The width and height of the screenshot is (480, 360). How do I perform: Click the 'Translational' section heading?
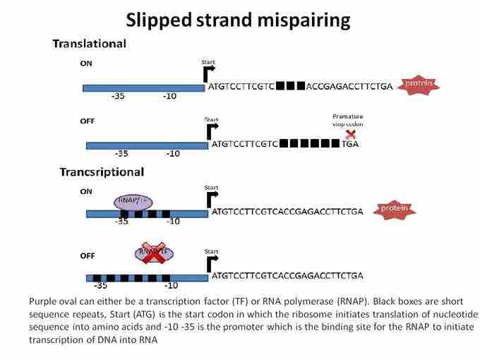point(89,44)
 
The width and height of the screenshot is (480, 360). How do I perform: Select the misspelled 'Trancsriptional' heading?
point(98,172)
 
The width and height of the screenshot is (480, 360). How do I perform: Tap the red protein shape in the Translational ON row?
point(419,85)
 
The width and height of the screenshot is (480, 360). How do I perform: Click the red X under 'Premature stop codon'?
point(349,135)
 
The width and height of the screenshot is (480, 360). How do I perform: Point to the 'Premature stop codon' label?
point(347,120)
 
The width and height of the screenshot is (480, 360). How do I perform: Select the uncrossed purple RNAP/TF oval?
point(133,203)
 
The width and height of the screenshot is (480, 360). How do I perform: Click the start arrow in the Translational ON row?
point(208,73)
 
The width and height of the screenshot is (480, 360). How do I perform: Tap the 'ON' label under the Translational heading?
point(86,63)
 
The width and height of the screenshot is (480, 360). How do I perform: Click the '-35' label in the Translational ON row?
point(119,97)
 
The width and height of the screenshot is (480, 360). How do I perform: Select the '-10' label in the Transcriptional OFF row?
point(170,286)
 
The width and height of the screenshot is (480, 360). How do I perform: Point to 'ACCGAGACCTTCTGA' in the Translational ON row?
point(349,87)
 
